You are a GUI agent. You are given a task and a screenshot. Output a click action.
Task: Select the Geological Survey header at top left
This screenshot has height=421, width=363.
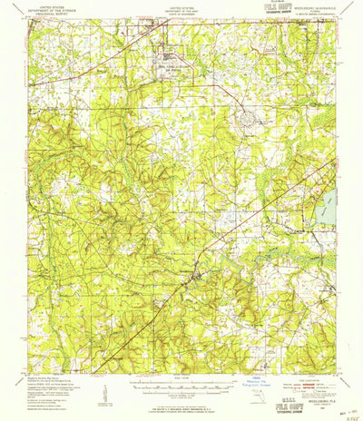tap(58, 15)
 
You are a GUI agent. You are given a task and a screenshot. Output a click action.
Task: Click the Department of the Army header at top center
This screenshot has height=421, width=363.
tap(181, 11)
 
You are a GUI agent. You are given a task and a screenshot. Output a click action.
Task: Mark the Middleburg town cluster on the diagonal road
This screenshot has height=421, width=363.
tap(192, 269)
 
